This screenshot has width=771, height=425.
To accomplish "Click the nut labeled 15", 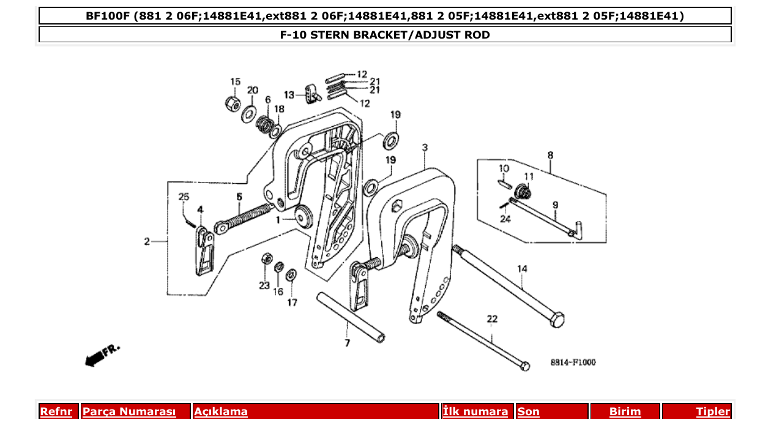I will (x=233, y=103).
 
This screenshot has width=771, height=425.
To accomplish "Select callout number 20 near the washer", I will (x=253, y=90).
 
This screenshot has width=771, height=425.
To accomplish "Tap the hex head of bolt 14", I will (x=556, y=319).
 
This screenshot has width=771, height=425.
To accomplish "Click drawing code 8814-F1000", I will (x=573, y=363).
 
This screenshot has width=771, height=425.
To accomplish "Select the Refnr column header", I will (x=56, y=412).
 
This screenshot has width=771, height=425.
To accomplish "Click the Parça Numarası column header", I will (x=129, y=412).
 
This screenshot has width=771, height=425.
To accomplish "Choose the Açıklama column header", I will (x=221, y=412).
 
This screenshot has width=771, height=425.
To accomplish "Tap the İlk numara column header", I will (x=475, y=412).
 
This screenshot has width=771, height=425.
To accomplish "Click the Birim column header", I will (x=625, y=412).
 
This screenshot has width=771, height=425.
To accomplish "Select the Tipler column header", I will (x=713, y=412).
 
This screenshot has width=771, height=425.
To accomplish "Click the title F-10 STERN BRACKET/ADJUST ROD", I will (x=385, y=35).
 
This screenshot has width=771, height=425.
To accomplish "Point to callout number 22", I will (x=492, y=319).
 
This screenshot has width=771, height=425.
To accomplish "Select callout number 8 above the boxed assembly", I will (x=550, y=155).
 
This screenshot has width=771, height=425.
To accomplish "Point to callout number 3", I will (x=425, y=148).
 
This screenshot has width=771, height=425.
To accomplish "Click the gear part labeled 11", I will (x=523, y=193).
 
